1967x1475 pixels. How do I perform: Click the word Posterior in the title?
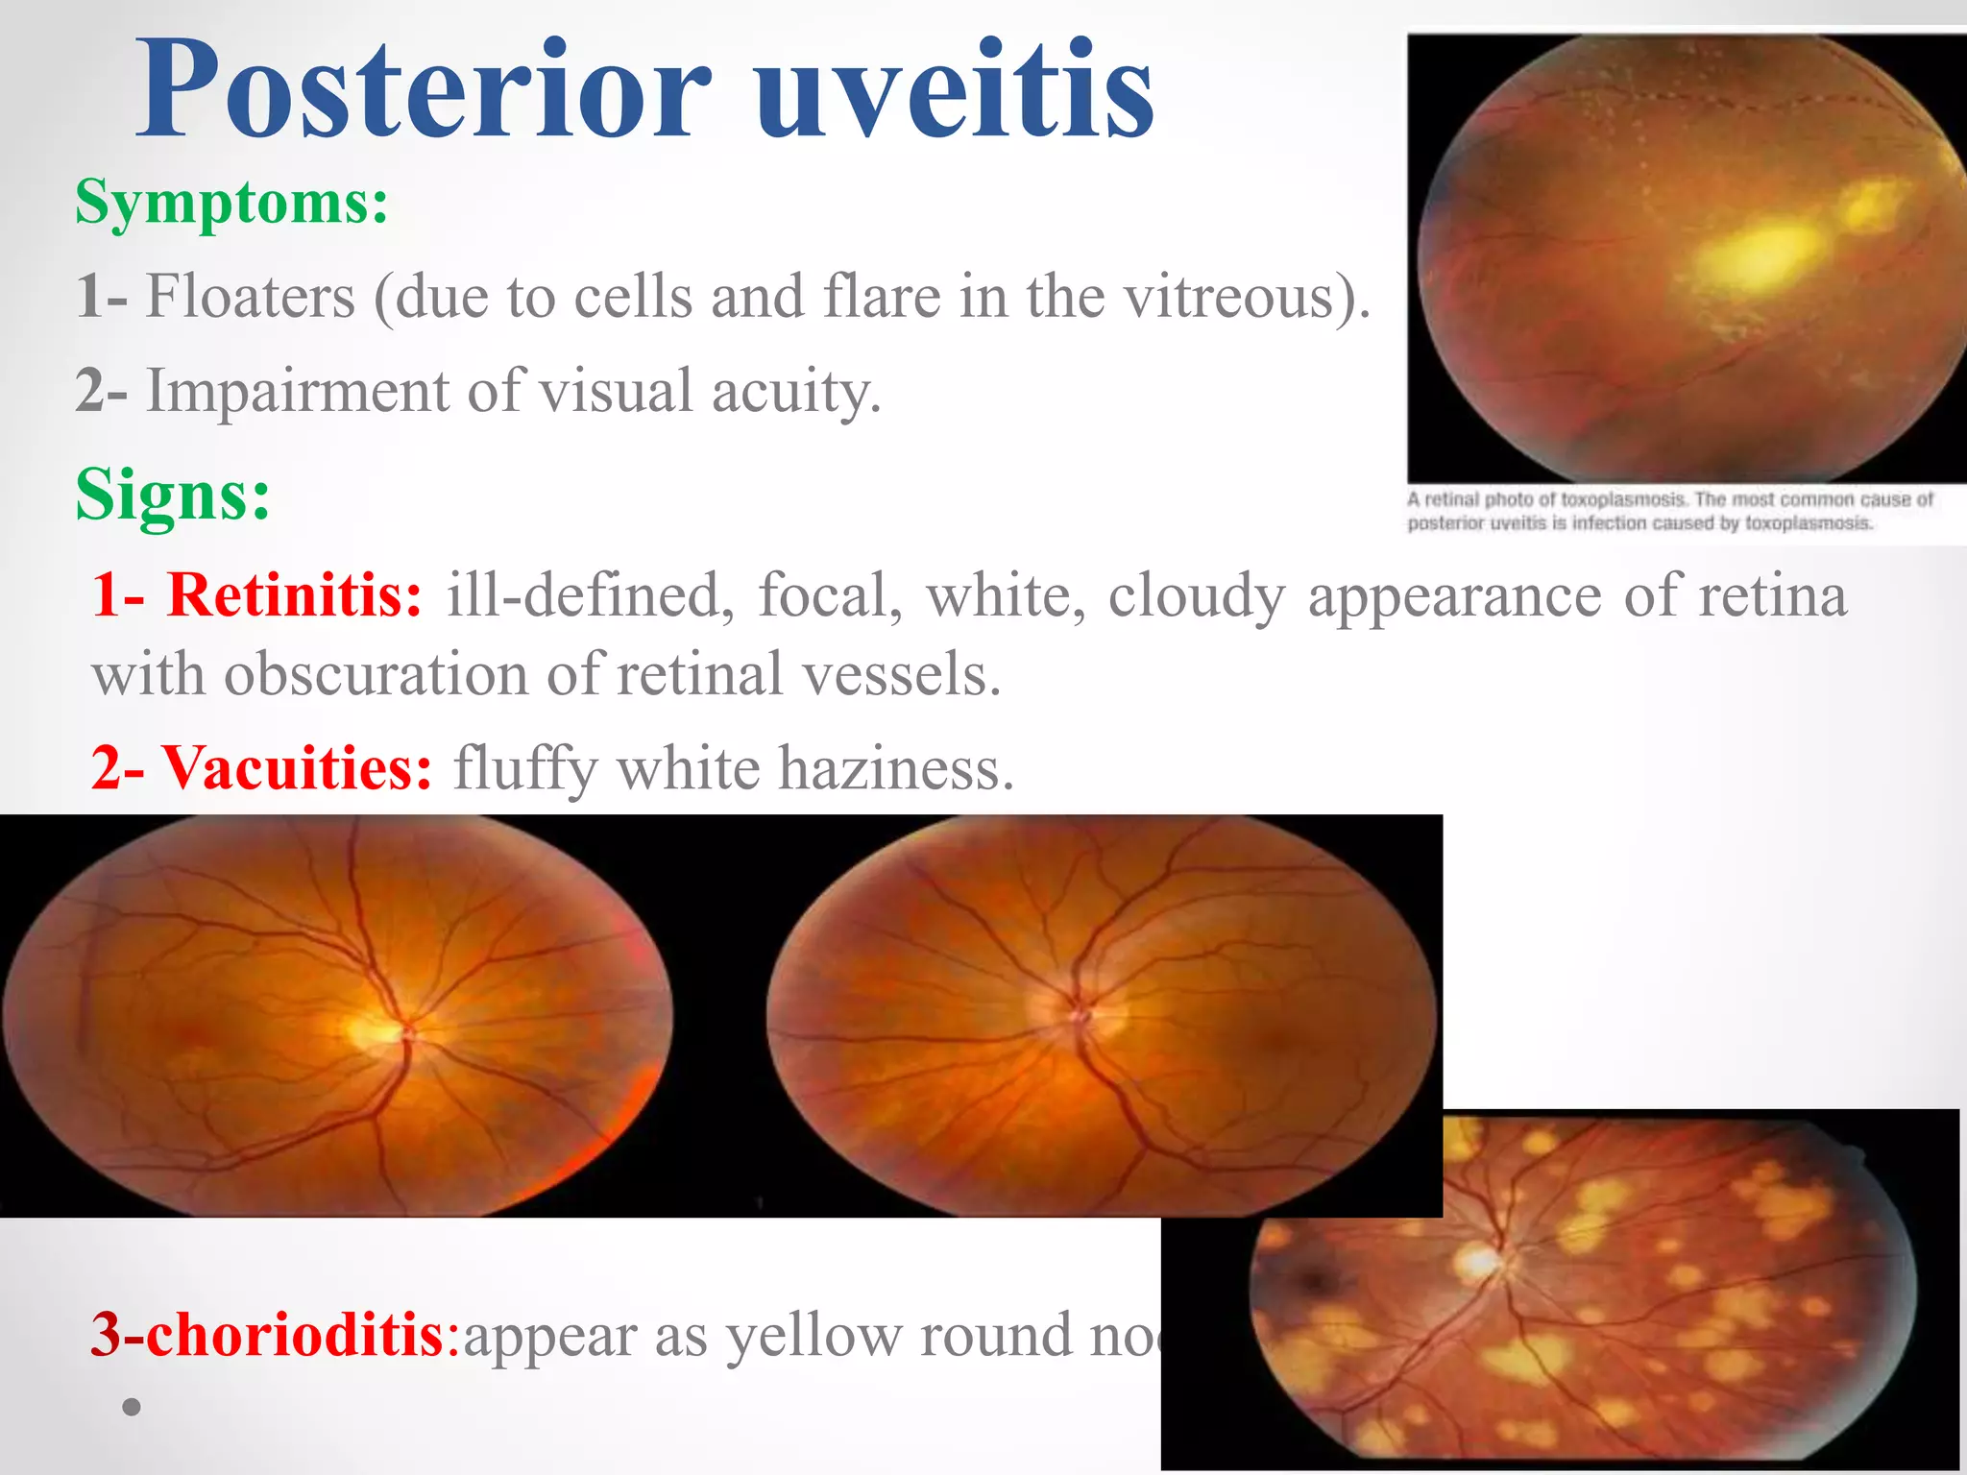coord(423,91)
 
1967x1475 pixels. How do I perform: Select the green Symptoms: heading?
coord(231,203)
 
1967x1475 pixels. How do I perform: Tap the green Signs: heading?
coord(173,495)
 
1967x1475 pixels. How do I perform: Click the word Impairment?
coord(297,391)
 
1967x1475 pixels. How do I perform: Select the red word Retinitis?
coord(294,594)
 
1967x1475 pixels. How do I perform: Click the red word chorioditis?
coord(293,1334)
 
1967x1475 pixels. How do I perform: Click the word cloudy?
coord(1195,596)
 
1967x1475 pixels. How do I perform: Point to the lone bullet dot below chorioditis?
coord(132,1407)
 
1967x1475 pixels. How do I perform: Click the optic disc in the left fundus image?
coord(375,1032)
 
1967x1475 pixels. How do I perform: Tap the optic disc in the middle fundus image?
coord(1081,1013)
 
